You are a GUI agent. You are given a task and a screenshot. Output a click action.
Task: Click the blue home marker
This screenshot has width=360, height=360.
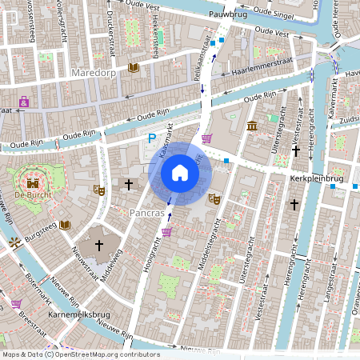180,172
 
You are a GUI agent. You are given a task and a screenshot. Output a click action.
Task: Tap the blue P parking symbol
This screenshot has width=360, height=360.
151,139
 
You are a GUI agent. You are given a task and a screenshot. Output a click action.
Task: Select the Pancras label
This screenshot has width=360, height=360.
146,214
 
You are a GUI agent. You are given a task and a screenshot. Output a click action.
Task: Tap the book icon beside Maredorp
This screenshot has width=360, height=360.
133,68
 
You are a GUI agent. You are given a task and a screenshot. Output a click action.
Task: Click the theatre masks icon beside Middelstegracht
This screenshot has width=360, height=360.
214,198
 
